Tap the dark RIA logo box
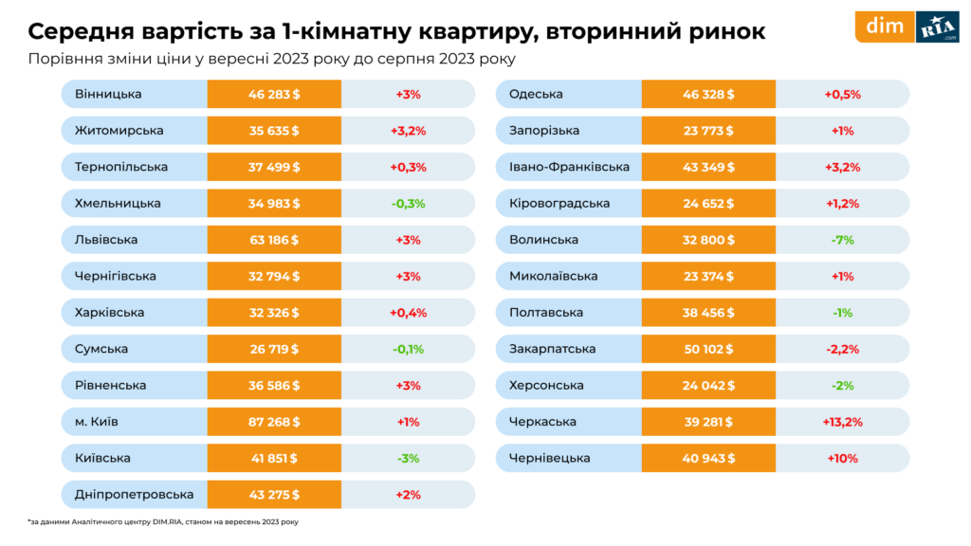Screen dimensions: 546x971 [937, 28]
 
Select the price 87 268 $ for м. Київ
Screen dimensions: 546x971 [274, 422]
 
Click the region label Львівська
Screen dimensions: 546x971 [106, 240]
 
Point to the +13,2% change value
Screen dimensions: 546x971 [842, 422]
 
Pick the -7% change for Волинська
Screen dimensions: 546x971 [842, 240]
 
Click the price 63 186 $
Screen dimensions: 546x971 [274, 240]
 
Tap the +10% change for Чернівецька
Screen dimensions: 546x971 [842, 458]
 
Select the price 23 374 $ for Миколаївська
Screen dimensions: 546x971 [708, 276]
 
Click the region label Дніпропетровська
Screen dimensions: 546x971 [134, 494]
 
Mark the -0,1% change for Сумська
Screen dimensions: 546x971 [408, 349]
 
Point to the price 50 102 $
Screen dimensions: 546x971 [708, 349]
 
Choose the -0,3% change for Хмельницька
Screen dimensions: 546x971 [408, 203]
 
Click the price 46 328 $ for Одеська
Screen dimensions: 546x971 [708, 94]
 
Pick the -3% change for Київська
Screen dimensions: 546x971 [408, 458]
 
